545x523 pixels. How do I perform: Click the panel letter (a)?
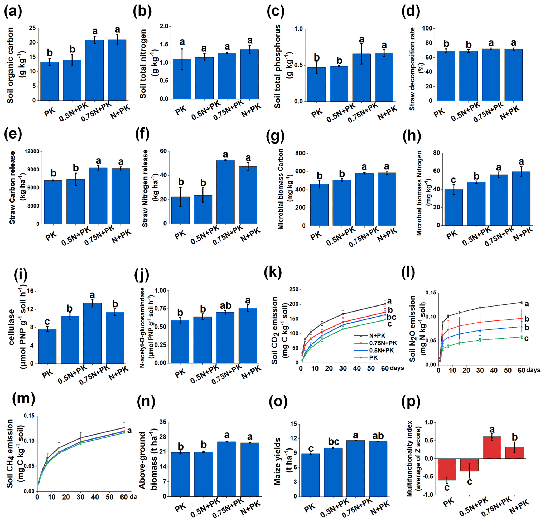pyautogui.click(x=13, y=12)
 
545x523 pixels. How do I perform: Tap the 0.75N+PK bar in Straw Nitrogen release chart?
pyautogui.click(x=225, y=192)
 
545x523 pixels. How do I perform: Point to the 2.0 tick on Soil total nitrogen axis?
pyautogui.click(x=164, y=26)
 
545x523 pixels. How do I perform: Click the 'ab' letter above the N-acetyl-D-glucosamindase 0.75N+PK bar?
pyautogui.click(x=225, y=305)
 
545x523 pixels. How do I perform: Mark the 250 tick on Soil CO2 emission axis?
pyautogui.click(x=293, y=290)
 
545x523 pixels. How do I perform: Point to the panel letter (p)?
pyautogui.click(x=411, y=402)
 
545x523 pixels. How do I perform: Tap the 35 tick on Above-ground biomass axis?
pyautogui.click(x=163, y=422)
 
